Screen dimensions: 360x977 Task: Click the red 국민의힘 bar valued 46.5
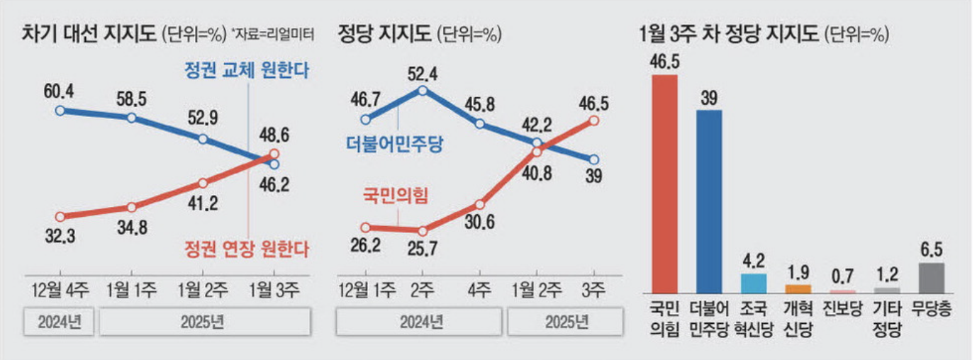pos(664,184)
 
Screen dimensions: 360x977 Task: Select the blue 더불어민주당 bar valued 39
pos(709,201)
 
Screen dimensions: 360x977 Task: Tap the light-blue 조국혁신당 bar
pos(754,283)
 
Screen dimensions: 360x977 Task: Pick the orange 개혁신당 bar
pos(798,289)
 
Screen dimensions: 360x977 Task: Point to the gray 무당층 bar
pos(931,278)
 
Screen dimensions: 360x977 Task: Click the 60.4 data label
pos(60,91)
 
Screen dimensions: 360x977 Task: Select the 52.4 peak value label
pos(423,72)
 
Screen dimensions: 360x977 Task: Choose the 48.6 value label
pos(274,135)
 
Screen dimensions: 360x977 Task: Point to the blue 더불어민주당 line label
pos(394,144)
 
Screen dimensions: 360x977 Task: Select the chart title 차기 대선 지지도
pos(88,33)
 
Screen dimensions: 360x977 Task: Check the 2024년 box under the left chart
pos(60,322)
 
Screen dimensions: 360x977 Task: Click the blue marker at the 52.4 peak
pos(423,90)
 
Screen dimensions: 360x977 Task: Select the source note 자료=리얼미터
pos(272,34)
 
